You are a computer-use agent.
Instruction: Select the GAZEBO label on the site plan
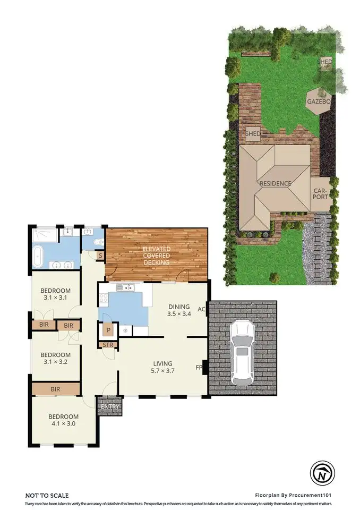click(319, 101)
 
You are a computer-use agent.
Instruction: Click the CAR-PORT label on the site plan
click(320, 194)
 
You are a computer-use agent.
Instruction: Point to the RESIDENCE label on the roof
click(275, 184)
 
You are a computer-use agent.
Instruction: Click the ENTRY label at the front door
click(110, 407)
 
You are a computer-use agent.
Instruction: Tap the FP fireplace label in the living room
click(200, 367)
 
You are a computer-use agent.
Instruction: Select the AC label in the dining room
click(201, 309)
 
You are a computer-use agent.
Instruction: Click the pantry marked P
click(108, 330)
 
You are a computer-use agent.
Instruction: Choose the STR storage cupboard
click(108, 345)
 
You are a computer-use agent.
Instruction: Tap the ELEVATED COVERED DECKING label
click(156, 256)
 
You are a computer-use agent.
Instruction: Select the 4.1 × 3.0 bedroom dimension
click(63, 424)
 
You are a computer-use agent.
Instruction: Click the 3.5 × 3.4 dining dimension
click(179, 314)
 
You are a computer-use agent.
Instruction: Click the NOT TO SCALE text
click(47, 495)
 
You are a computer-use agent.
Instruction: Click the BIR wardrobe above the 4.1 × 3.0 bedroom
click(55, 389)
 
